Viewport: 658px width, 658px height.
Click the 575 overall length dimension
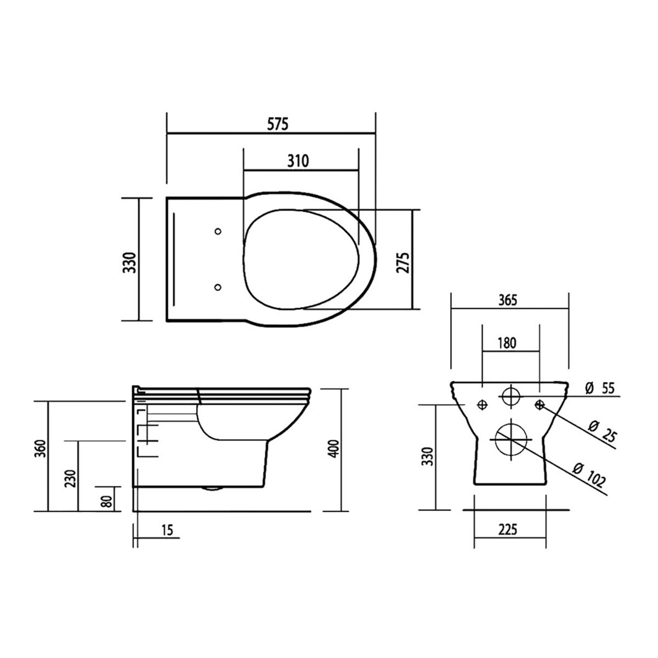(278, 124)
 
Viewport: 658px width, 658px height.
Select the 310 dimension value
(298, 161)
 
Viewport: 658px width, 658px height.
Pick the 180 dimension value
(507, 343)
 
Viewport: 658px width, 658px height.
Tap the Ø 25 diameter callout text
(602, 432)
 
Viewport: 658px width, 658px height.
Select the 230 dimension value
(71, 478)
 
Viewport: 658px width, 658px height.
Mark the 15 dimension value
(168, 530)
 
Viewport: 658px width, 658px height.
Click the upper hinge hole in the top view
(218, 231)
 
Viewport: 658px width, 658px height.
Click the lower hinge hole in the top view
(218, 286)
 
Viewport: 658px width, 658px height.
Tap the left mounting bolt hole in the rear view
(483, 405)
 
